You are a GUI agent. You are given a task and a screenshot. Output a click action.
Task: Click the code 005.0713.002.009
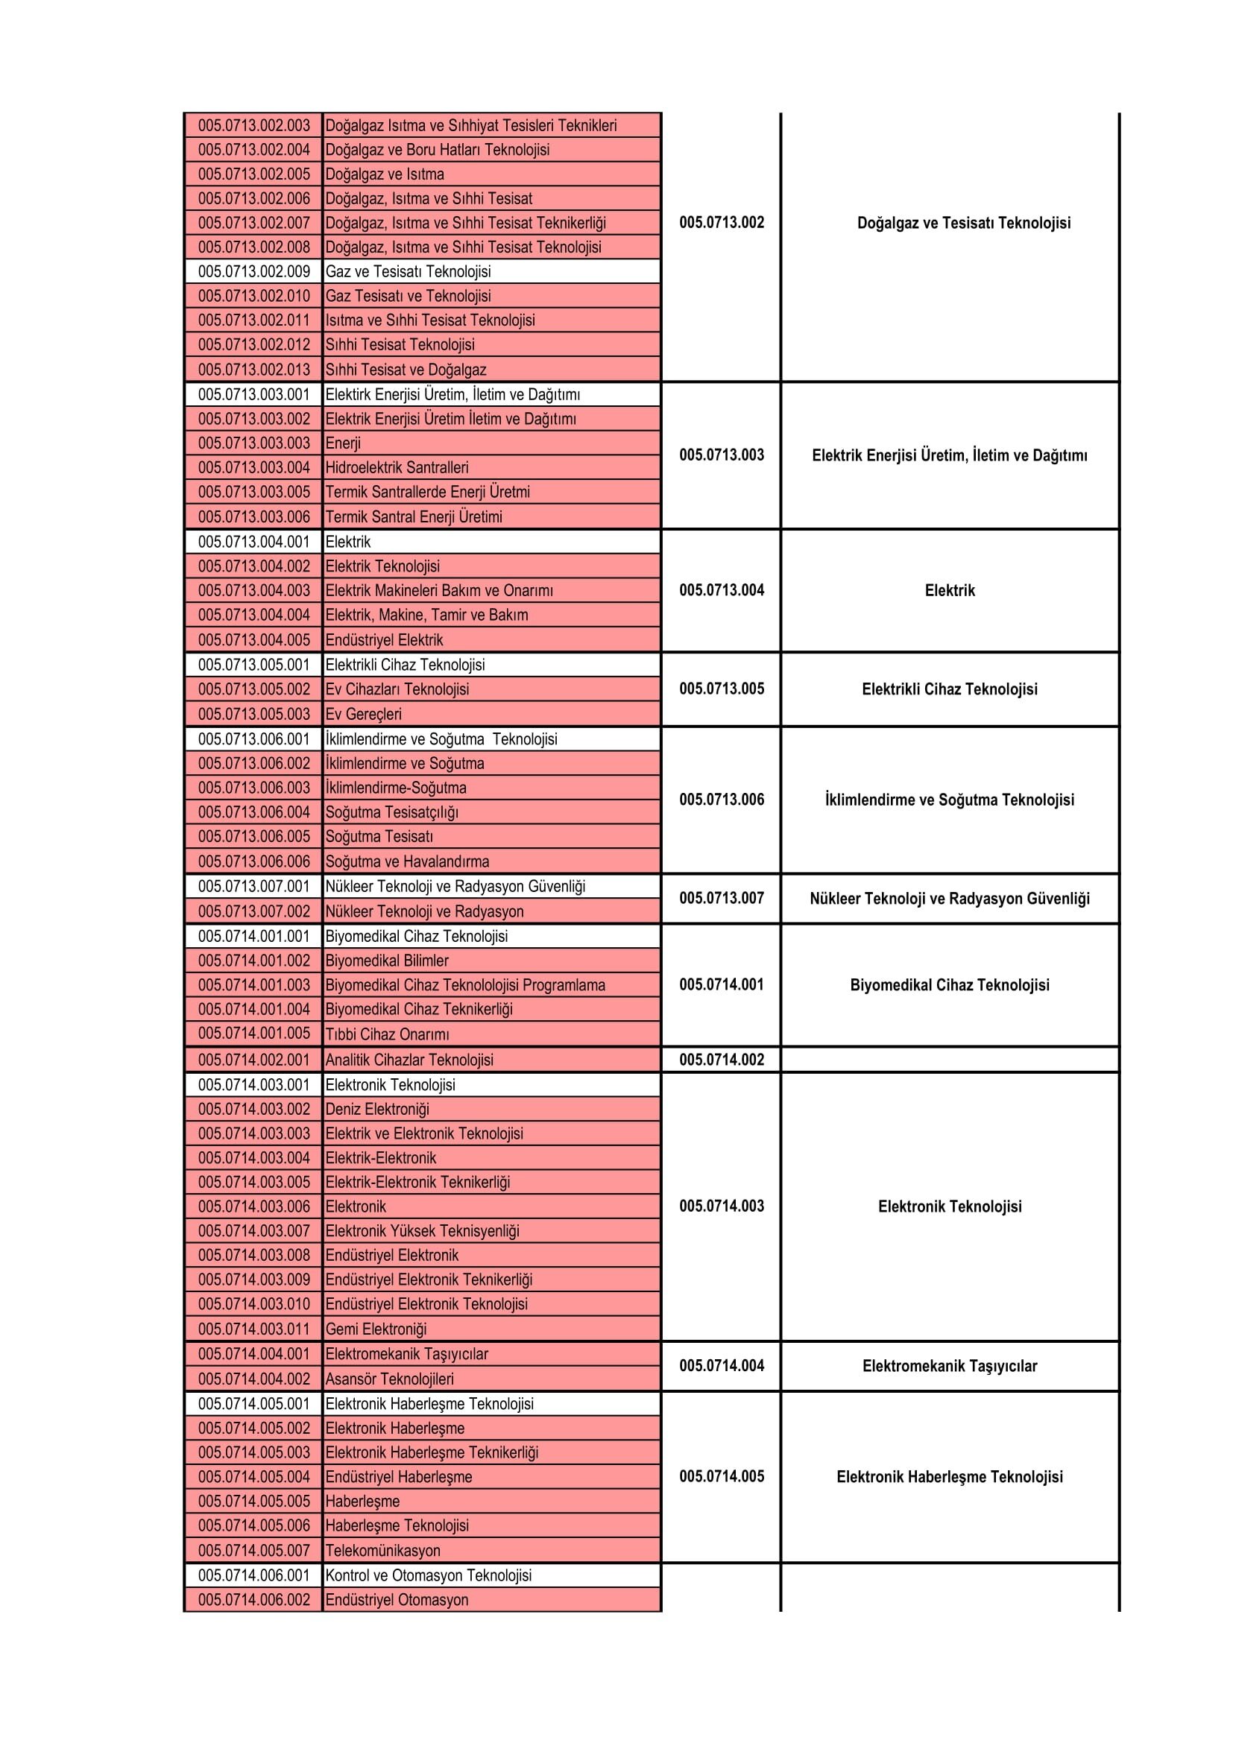point(253,272)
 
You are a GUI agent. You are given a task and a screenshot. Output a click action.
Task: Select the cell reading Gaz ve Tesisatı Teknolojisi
point(408,272)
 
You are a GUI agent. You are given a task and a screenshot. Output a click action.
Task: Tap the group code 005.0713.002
point(722,222)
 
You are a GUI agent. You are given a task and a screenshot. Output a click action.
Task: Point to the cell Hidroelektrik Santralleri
point(397,468)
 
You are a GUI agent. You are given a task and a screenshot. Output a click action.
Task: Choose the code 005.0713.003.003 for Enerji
point(253,443)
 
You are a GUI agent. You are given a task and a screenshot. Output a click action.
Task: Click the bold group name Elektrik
point(949,591)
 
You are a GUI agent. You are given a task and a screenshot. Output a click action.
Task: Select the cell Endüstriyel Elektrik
point(383,640)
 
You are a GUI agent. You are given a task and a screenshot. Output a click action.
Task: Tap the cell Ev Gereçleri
point(363,715)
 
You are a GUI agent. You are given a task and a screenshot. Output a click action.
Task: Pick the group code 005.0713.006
point(722,800)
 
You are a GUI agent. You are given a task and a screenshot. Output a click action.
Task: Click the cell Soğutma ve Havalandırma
point(407,861)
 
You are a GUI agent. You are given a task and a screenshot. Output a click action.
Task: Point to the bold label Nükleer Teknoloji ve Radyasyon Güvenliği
point(949,899)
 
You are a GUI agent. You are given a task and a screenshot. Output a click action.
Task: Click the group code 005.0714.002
point(722,1060)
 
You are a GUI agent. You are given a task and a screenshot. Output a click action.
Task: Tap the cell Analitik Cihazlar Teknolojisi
point(409,1060)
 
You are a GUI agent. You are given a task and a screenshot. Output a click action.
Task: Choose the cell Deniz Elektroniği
point(376,1109)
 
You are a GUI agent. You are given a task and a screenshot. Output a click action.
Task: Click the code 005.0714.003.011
point(253,1329)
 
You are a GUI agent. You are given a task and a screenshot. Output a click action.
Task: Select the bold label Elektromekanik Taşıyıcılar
point(949,1366)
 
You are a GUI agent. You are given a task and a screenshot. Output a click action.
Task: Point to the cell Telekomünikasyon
point(382,1550)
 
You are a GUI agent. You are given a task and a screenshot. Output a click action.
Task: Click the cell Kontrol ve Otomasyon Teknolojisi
point(428,1575)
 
